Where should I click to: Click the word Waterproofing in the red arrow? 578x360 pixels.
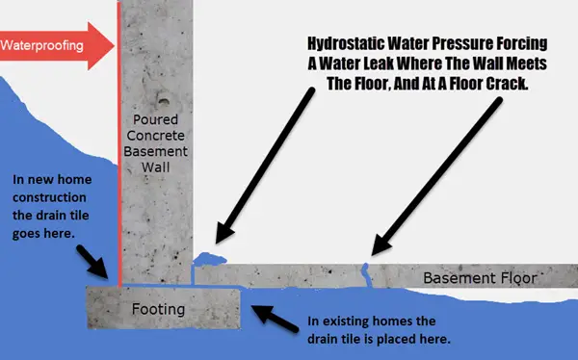pos(43,44)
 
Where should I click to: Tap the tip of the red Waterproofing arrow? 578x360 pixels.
pos(114,44)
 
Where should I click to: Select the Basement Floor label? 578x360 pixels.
pos(478,279)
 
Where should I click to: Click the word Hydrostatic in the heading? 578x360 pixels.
pos(345,43)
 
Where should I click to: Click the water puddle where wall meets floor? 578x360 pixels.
pos(208,259)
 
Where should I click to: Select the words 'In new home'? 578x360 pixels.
pos(48,180)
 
